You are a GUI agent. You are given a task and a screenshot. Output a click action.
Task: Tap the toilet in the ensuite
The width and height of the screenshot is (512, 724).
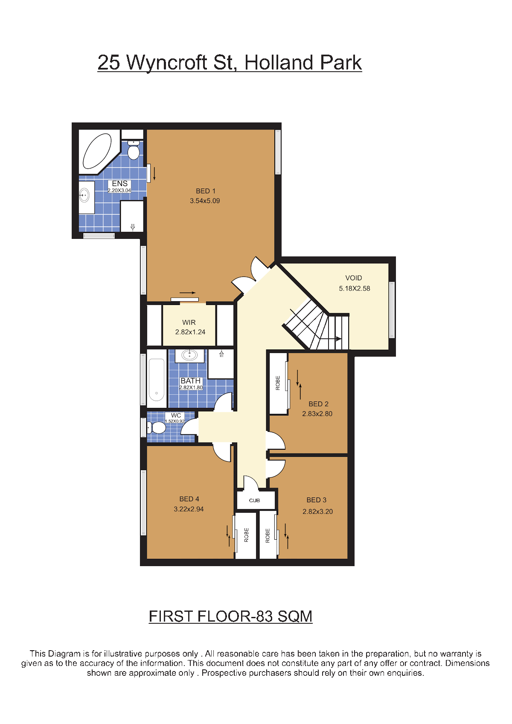coord(133,149)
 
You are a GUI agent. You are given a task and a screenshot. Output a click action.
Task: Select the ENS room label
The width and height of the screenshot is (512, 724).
coord(119,183)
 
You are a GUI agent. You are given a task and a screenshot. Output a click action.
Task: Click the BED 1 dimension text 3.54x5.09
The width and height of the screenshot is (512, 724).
coord(205,201)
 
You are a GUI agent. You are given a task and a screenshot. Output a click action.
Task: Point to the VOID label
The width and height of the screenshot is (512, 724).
coord(354,278)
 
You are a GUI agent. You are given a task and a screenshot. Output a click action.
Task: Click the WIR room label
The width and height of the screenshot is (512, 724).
coord(189,322)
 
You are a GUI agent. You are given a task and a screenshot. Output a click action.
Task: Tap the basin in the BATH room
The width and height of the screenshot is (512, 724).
coord(189,355)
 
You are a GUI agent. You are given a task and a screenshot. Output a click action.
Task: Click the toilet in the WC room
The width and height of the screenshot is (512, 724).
coord(157,427)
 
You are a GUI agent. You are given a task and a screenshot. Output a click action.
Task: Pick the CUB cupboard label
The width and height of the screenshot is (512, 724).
coord(254,500)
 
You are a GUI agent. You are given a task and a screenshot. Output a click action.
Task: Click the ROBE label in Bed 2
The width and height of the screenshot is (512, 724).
coord(278,383)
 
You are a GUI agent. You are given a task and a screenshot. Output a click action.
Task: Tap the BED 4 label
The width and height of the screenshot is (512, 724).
coord(189,499)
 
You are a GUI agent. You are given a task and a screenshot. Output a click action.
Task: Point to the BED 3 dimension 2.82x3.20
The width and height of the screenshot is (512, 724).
coord(317,512)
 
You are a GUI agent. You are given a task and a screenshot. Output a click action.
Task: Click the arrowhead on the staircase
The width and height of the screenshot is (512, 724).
coord(338,339)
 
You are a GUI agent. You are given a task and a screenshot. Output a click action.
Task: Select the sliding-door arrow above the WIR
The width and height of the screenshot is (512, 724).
coord(187,293)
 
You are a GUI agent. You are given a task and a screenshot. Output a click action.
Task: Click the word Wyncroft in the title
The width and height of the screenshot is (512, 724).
coord(166,62)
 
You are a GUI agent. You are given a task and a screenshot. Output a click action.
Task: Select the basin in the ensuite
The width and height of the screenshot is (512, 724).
coord(84,195)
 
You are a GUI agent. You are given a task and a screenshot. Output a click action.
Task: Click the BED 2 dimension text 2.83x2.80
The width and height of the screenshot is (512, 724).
coord(317,414)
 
